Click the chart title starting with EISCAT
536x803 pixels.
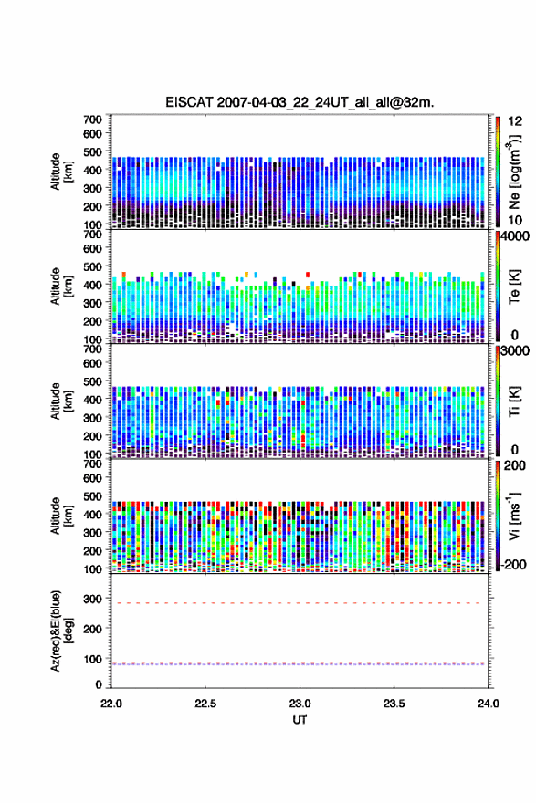[x=300, y=102]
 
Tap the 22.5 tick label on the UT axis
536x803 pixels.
[x=205, y=704]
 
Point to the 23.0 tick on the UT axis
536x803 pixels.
[x=300, y=704]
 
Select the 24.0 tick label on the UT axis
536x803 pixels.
[x=489, y=704]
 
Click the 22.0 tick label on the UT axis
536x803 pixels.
[x=111, y=704]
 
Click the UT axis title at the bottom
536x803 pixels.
[x=300, y=720]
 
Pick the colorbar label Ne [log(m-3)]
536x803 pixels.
[x=514, y=172]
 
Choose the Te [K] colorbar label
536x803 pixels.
[x=514, y=287]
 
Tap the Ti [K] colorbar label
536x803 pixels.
[x=514, y=401]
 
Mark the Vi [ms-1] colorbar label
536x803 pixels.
[x=514, y=516]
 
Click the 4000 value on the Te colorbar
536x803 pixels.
[x=515, y=237]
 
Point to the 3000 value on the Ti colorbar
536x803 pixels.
[x=515, y=351]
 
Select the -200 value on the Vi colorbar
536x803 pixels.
[x=514, y=564]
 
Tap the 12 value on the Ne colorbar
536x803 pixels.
[x=515, y=122]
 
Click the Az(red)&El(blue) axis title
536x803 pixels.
[x=61, y=631]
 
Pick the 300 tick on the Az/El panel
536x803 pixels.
[x=93, y=599]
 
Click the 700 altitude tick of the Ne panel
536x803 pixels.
[x=93, y=120]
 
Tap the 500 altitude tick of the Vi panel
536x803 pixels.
[x=93, y=496]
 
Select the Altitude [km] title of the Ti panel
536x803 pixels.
[x=61, y=401]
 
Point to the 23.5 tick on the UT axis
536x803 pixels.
[x=394, y=704]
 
